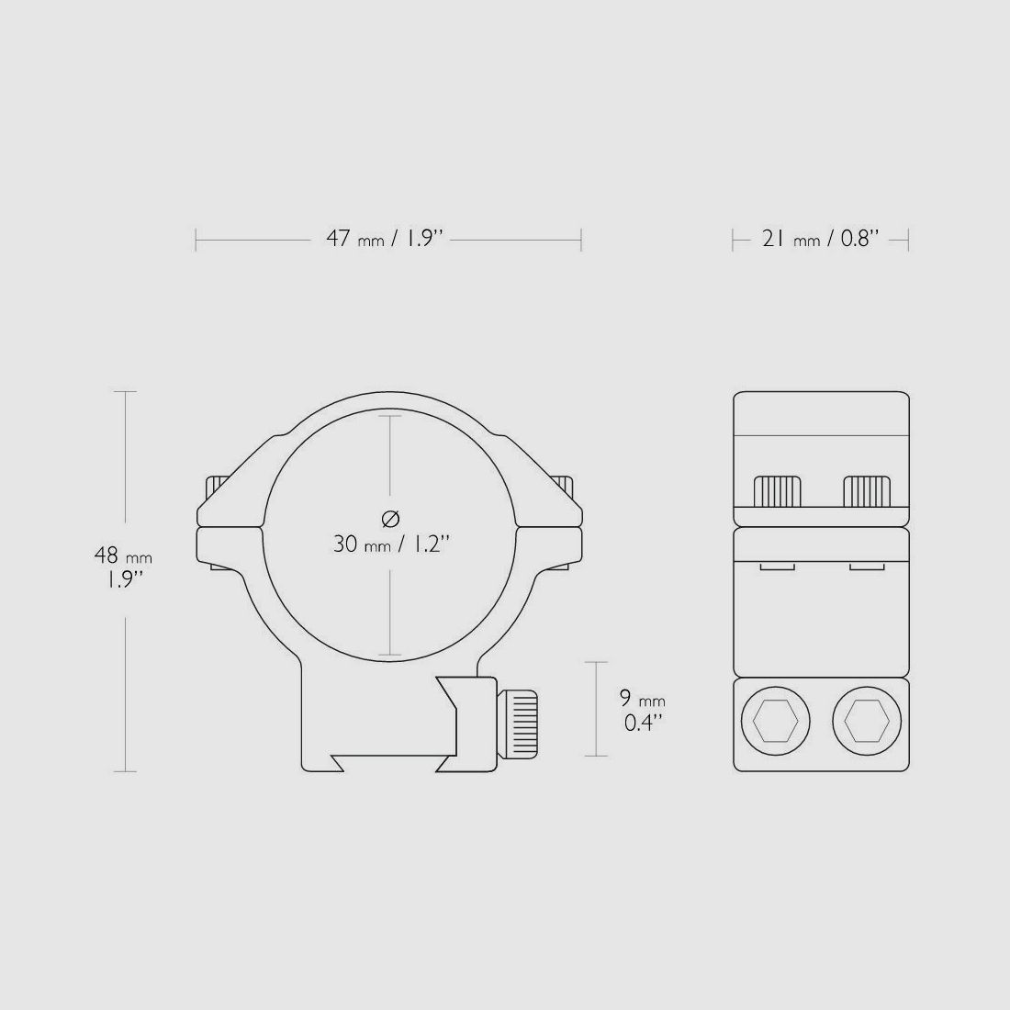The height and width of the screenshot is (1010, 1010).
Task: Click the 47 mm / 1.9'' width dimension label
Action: pyautogui.click(x=386, y=240)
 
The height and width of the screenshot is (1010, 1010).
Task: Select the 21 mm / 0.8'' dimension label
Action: pyautogui.click(x=820, y=240)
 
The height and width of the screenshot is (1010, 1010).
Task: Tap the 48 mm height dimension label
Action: pyautogui.click(x=123, y=567)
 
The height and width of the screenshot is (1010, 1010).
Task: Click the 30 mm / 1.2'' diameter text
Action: pyautogui.click(x=390, y=544)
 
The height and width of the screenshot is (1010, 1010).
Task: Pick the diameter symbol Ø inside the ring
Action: pyautogui.click(x=390, y=518)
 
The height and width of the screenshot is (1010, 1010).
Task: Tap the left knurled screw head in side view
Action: pyautogui.click(x=778, y=491)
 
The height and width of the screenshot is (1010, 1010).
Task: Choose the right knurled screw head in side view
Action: pyautogui.click(x=867, y=491)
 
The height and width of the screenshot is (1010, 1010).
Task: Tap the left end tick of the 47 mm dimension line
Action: pyautogui.click(x=196, y=241)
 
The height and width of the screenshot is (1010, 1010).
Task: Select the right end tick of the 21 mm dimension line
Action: pyautogui.click(x=907, y=241)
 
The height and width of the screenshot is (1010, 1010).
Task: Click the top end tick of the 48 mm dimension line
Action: pyautogui.click(x=125, y=392)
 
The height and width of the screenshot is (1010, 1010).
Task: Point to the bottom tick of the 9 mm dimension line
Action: pyautogui.click(x=596, y=756)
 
